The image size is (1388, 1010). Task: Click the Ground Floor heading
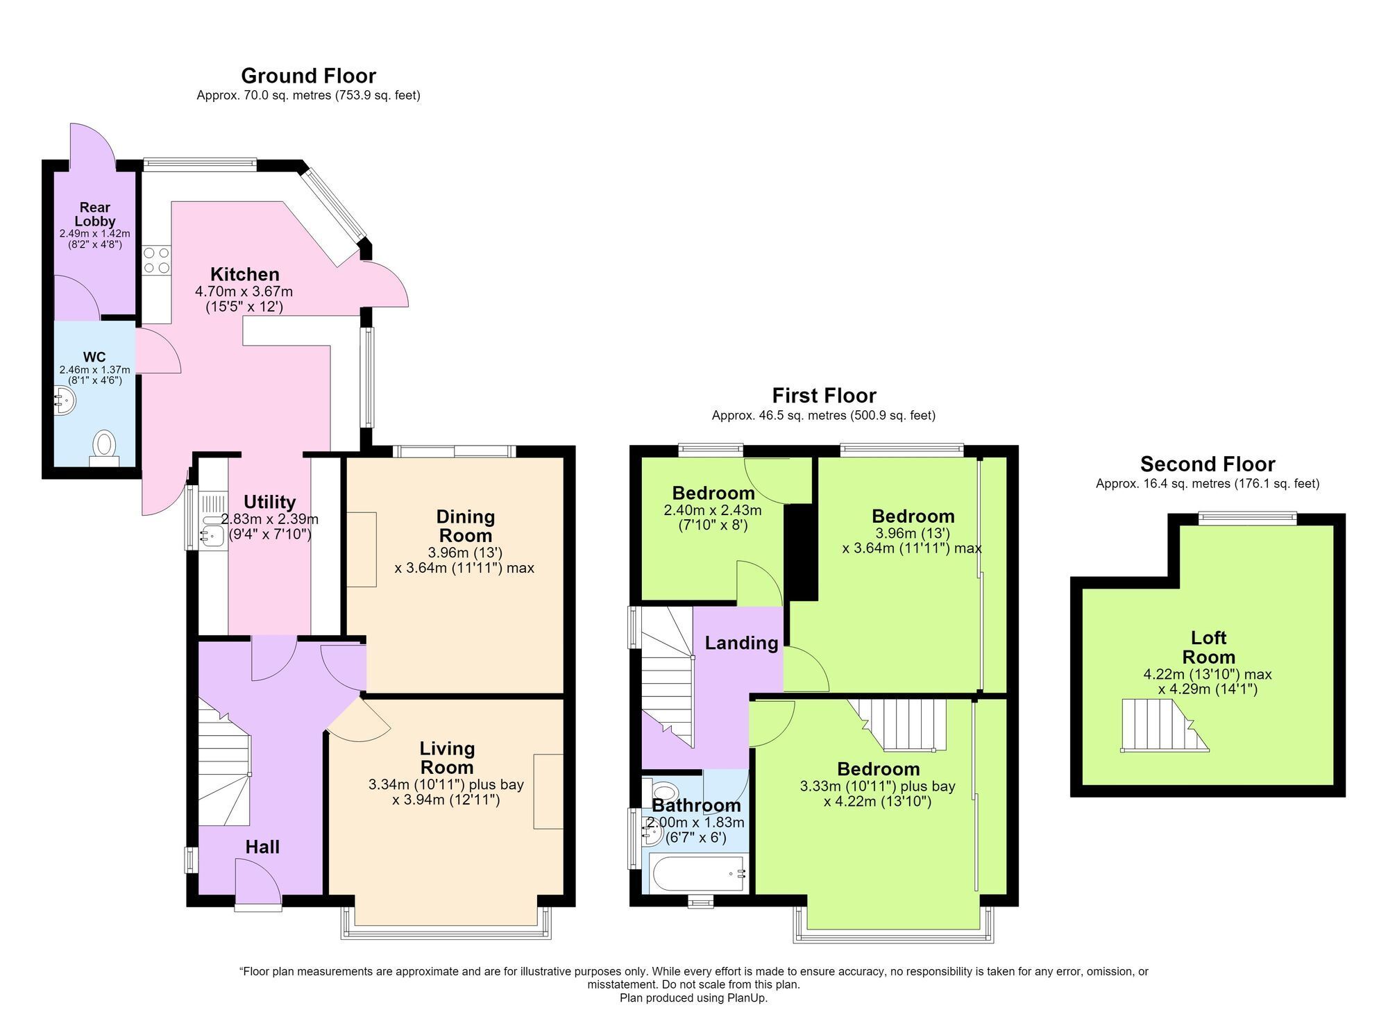click(x=308, y=76)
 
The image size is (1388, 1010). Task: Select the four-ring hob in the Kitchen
click(x=156, y=260)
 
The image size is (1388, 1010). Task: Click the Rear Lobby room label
click(x=95, y=214)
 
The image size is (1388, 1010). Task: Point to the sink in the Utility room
click(x=212, y=534)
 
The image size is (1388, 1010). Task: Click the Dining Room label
click(x=465, y=525)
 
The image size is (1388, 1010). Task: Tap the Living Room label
click(x=447, y=757)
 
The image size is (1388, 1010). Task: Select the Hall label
click(x=262, y=847)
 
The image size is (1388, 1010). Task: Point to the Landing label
click(x=741, y=643)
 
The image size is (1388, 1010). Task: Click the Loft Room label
click(x=1208, y=647)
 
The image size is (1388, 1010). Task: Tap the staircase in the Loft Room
click(x=1165, y=725)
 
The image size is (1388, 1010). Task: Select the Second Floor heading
click(x=1208, y=464)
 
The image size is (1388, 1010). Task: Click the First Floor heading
click(x=824, y=396)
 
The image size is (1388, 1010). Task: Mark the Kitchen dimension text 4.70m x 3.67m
click(x=244, y=292)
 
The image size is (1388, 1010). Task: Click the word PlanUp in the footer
click(x=747, y=998)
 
